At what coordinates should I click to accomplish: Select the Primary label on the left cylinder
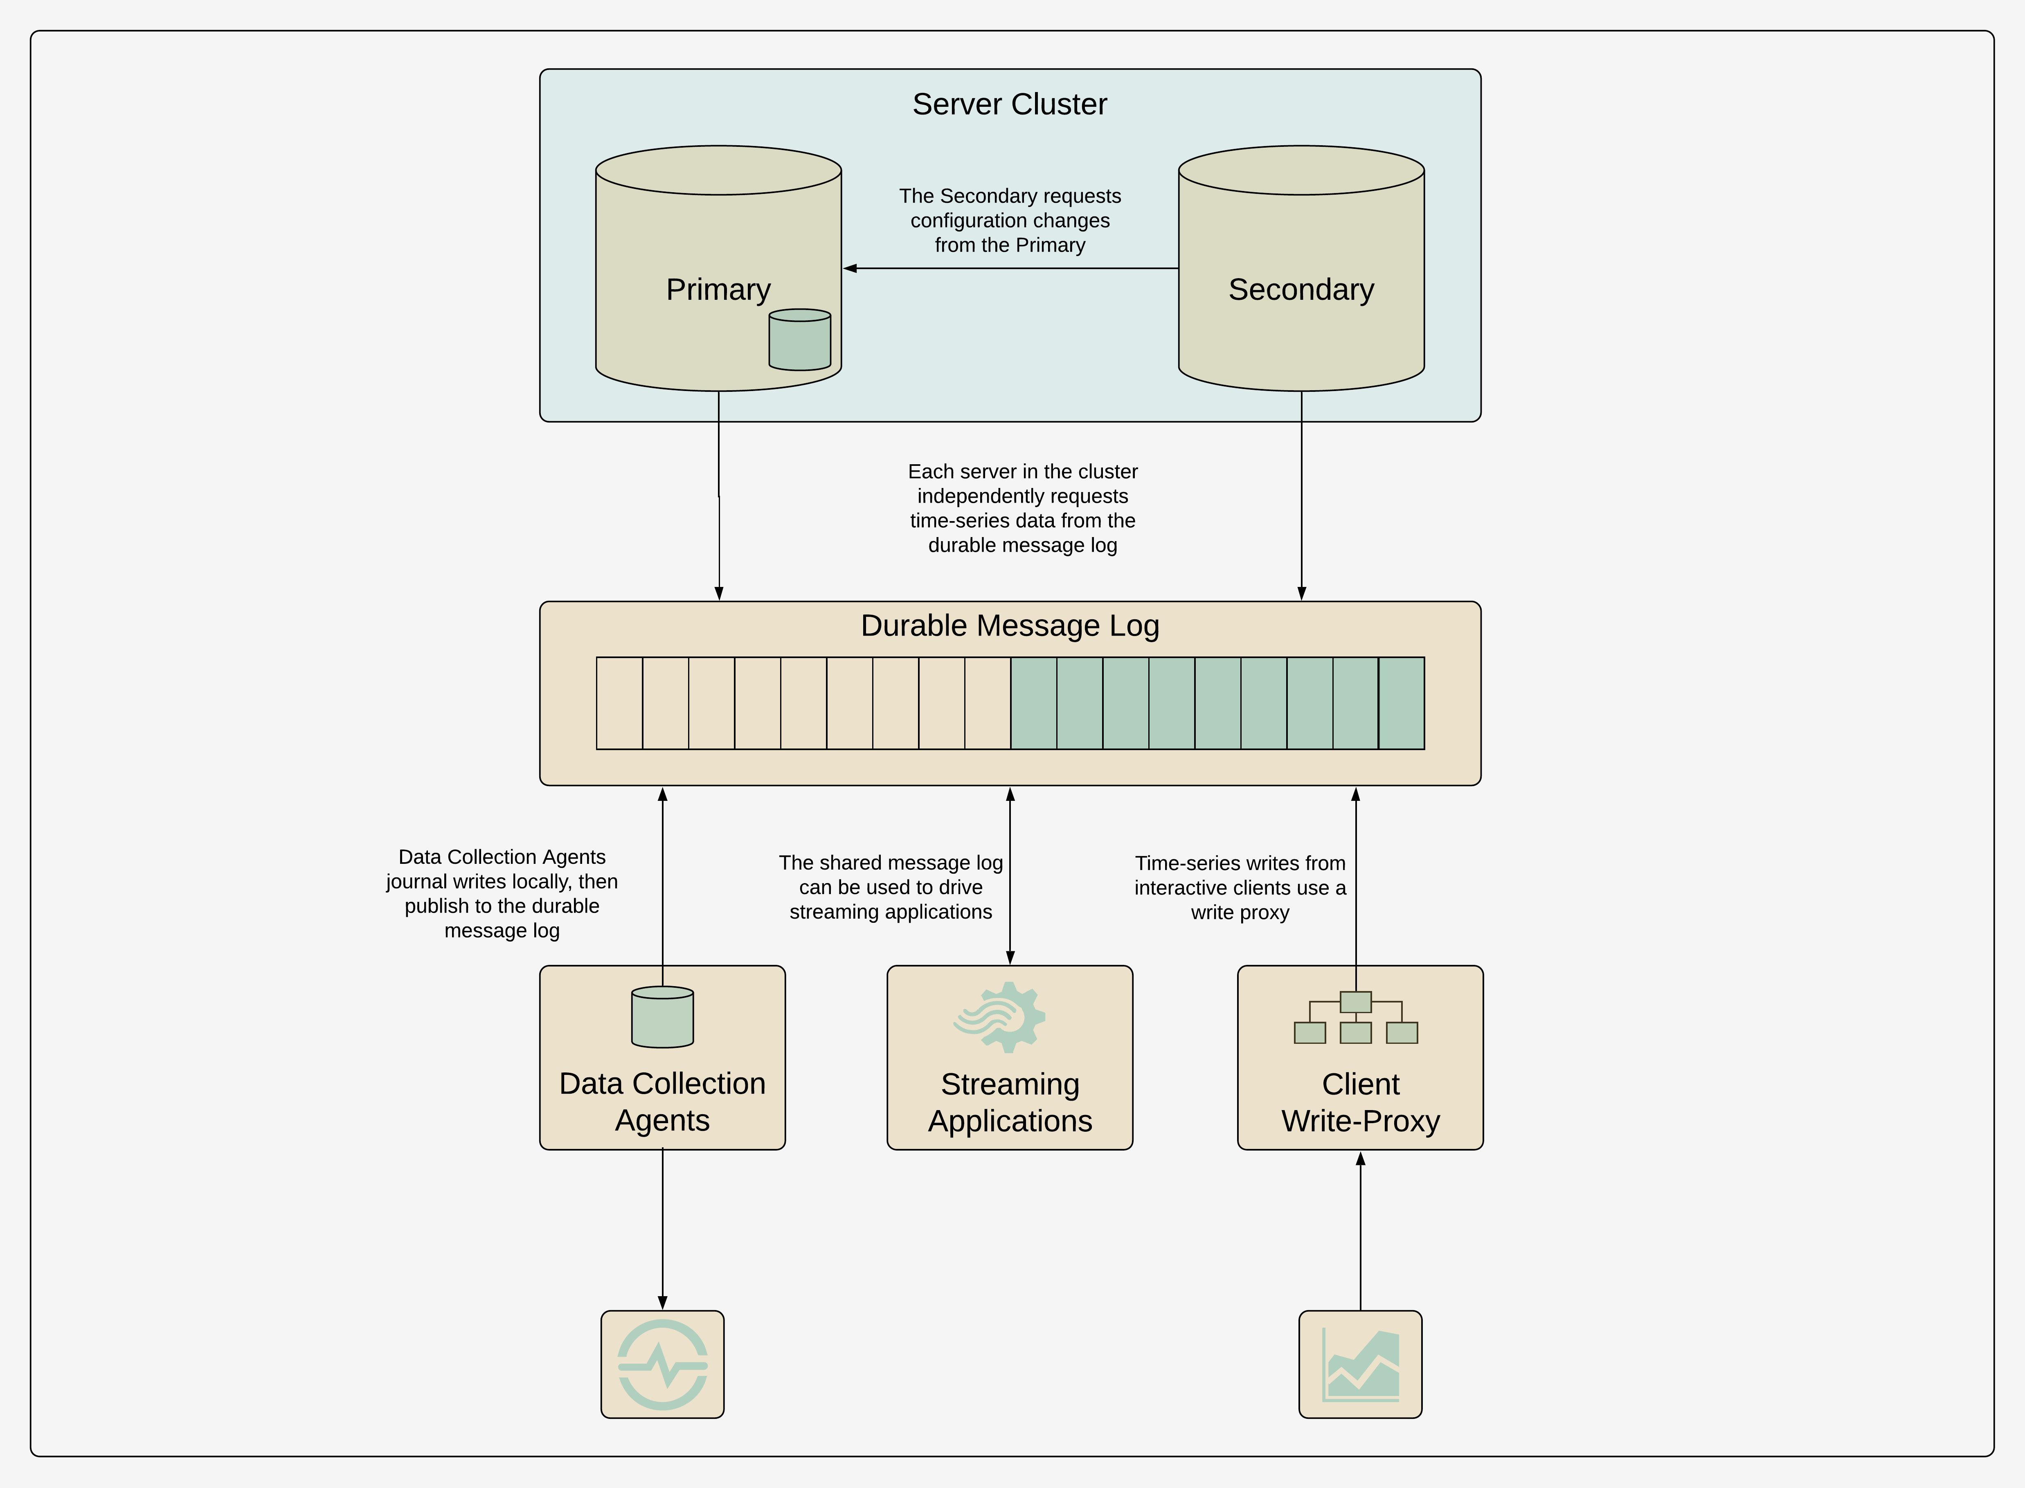coord(718,289)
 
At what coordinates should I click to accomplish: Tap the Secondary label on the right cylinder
coord(1301,289)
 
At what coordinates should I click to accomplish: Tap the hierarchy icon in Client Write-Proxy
coord(1356,1018)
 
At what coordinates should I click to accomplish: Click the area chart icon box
coord(1360,1364)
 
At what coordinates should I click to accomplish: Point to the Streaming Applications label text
coord(1010,1102)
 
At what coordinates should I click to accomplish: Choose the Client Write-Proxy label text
coord(1360,1102)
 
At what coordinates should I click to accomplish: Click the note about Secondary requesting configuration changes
coord(1010,221)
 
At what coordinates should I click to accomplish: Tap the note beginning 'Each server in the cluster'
coord(1022,508)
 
